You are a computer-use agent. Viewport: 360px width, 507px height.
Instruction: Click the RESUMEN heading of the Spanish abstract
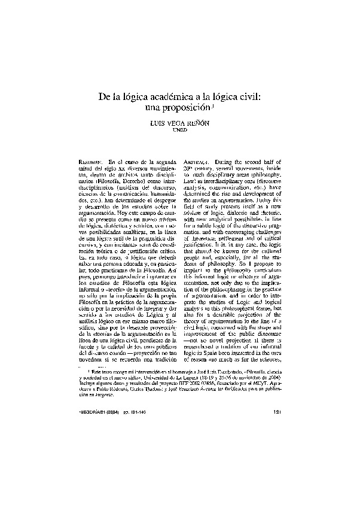click(x=91, y=162)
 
